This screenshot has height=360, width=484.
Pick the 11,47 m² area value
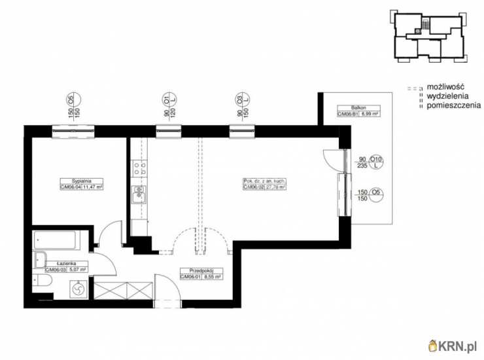click(x=94, y=187)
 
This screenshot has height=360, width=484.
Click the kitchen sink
click(x=138, y=194)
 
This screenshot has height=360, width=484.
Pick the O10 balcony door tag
click(x=375, y=159)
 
